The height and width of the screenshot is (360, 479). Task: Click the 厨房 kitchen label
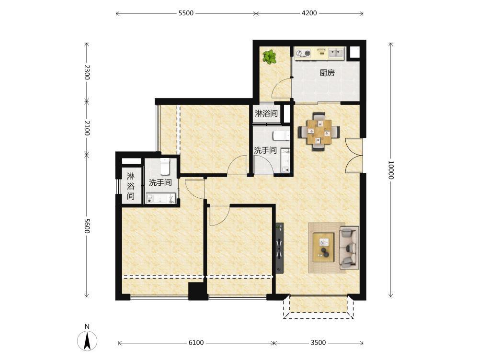click(x=327, y=73)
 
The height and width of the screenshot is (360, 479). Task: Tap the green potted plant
click(x=269, y=57)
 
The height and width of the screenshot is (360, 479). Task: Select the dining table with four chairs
click(x=319, y=132)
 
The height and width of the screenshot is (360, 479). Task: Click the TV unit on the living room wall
click(x=280, y=247)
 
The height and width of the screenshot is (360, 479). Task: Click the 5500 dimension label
click(x=186, y=13)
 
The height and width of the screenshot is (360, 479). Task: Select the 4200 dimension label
click(x=309, y=13)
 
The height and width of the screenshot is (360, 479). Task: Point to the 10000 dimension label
click(x=391, y=170)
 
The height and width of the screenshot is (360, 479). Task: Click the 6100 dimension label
click(x=196, y=343)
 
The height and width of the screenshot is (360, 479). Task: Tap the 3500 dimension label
click(x=319, y=343)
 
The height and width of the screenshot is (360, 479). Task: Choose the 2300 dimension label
click(x=87, y=72)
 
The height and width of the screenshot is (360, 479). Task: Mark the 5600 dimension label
click(x=87, y=226)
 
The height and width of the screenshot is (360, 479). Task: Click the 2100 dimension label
click(x=87, y=128)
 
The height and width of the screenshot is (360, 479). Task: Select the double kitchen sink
click(x=336, y=54)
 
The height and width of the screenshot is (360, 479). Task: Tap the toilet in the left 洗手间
click(x=165, y=166)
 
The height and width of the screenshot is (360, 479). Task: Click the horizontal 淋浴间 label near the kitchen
click(x=266, y=113)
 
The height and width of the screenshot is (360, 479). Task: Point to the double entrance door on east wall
click(x=354, y=156)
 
